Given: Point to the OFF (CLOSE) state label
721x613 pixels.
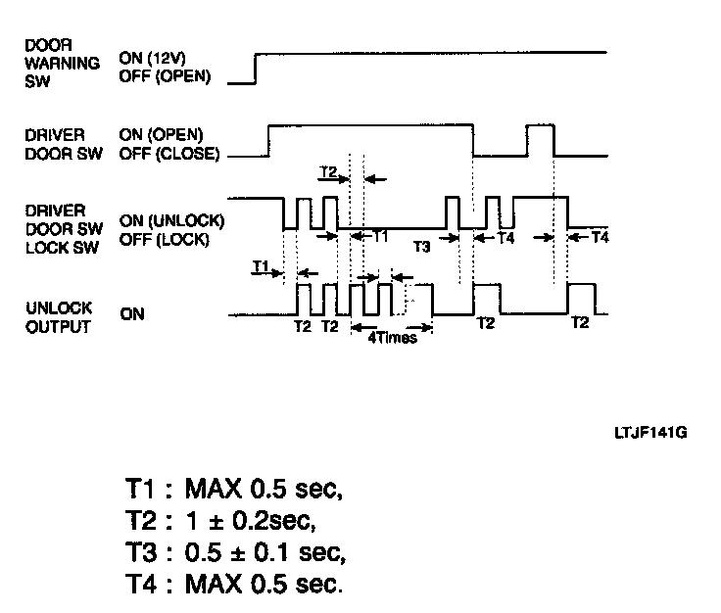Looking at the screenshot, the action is (x=168, y=153).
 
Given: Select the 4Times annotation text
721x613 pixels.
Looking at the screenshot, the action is (x=392, y=337).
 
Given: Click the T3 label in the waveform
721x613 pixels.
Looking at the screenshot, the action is (x=421, y=246).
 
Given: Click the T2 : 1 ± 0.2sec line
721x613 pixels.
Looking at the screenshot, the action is (x=226, y=520).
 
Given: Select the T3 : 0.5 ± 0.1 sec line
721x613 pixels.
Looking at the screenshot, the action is (x=235, y=552).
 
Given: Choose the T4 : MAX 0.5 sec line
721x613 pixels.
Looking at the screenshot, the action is (x=234, y=585).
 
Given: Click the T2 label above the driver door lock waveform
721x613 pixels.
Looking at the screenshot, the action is (x=329, y=172).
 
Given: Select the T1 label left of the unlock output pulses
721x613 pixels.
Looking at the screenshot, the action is (x=261, y=265).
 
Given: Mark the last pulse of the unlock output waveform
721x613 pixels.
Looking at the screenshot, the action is (x=580, y=298).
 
